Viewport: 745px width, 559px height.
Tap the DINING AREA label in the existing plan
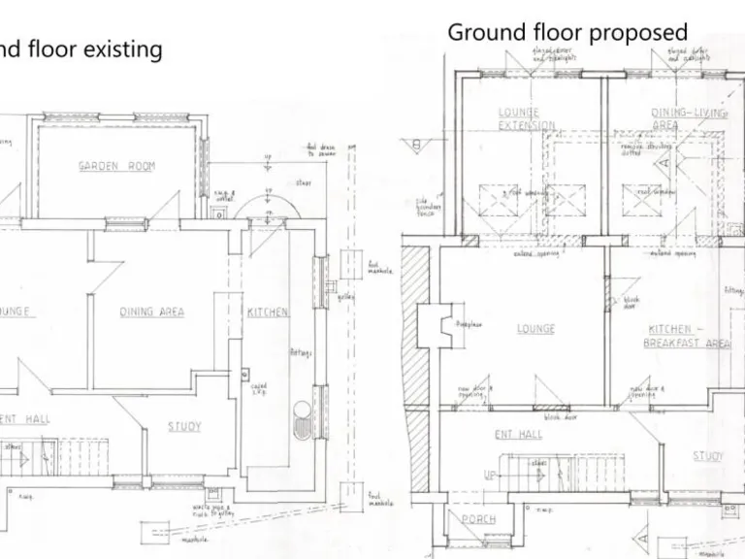coord(151,312)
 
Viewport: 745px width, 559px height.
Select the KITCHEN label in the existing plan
coord(267,312)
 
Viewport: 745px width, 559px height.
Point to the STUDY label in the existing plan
coord(184,426)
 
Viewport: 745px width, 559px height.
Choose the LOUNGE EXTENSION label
coord(527,119)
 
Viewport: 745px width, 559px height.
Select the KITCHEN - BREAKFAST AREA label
coord(687,336)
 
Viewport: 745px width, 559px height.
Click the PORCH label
coord(477,519)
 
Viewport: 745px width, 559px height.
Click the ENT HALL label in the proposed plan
coord(518,434)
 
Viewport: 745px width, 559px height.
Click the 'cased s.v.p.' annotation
coord(258,389)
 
